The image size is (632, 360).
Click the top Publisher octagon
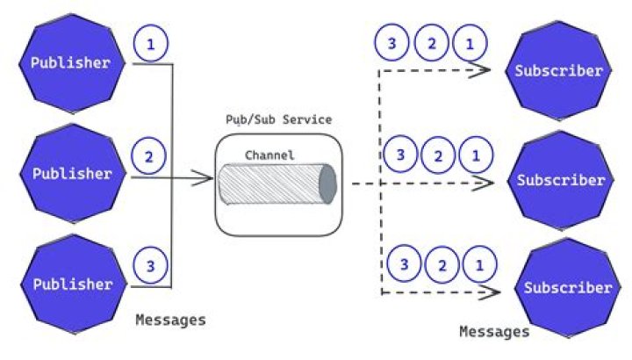pyautogui.click(x=71, y=62)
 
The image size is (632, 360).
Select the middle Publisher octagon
pyautogui.click(x=71, y=173)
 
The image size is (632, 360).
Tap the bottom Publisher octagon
pyautogui.click(x=71, y=284)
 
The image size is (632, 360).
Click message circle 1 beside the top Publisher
pyautogui.click(x=150, y=45)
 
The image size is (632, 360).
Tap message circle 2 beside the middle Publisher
pyautogui.click(x=148, y=158)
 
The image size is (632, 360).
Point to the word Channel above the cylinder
pyautogui.click(x=269, y=155)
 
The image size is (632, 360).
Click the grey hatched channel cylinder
pyautogui.click(x=277, y=184)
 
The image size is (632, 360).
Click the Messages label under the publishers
pyautogui.click(x=170, y=320)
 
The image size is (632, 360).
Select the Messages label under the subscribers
pyautogui.click(x=494, y=332)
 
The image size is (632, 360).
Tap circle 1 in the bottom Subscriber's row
pyautogui.click(x=478, y=264)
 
